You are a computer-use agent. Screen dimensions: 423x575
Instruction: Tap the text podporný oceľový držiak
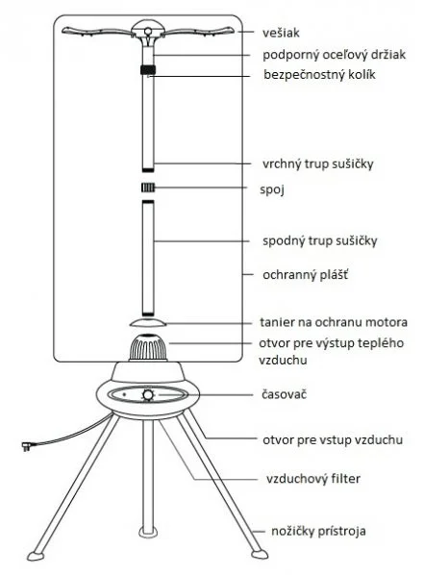coord(334,55)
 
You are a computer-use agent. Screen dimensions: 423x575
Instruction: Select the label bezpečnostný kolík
coord(319,74)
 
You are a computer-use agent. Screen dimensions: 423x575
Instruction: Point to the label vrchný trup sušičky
coord(318,163)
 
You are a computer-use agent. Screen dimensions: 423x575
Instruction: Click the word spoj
coord(272,189)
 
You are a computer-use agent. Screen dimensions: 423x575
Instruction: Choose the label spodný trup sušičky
coord(319,241)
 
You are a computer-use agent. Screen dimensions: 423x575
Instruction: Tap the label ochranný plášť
coord(306,275)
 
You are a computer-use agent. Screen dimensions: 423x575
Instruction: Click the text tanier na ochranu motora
coord(334,322)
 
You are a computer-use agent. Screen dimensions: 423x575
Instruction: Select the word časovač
coord(284,394)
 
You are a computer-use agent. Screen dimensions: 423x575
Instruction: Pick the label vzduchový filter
coord(313,479)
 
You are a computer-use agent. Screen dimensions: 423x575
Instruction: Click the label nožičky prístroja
coord(318,531)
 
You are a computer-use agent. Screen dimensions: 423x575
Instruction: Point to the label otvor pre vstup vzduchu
coord(333,439)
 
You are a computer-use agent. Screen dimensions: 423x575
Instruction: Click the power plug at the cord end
coord(27,446)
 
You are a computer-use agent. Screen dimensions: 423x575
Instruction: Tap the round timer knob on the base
coord(148,395)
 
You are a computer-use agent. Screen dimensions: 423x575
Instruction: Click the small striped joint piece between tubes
coord(148,187)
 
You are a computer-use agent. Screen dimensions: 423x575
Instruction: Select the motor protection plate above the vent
coord(148,322)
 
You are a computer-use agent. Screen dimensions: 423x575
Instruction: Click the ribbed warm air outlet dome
coord(148,347)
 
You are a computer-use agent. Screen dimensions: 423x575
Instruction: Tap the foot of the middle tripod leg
coord(148,532)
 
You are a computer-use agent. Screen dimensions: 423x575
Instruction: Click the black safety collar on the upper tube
coord(148,69)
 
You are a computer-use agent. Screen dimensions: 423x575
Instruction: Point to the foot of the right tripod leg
coord(259,553)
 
